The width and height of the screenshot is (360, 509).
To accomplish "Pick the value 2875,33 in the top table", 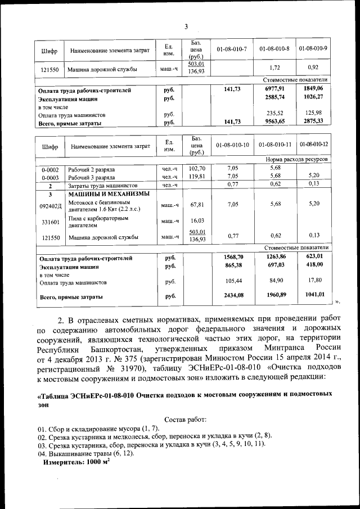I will point(313,121).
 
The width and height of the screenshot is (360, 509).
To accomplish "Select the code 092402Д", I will point(51,206).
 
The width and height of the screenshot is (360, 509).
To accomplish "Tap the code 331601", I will point(51,222).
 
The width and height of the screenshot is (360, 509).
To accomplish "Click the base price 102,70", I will point(197,168).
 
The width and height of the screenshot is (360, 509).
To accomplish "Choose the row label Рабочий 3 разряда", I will point(92,176).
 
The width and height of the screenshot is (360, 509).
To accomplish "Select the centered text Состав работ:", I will point(185,420).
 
